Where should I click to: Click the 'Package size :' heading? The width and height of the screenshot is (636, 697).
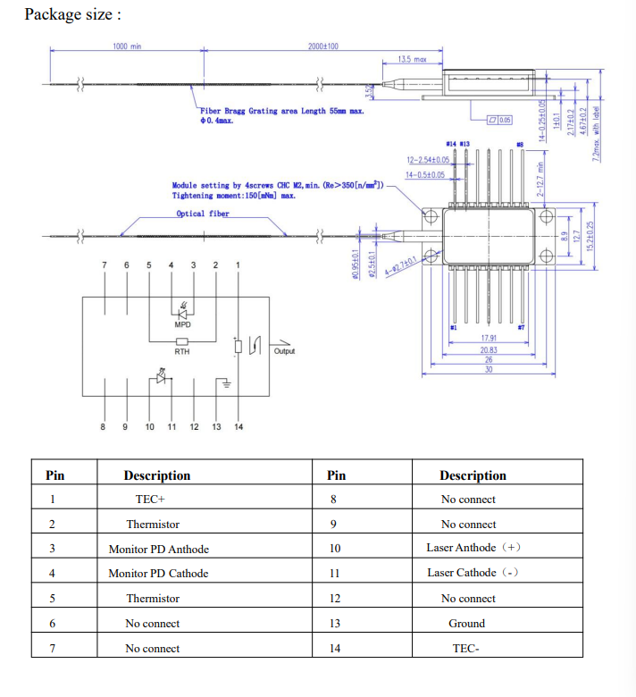[x=72, y=14]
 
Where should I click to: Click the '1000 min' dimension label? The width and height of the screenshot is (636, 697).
[x=127, y=46]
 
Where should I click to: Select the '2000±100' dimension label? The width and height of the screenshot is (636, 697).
[x=322, y=46]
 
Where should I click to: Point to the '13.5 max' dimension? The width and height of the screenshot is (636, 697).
[x=412, y=60]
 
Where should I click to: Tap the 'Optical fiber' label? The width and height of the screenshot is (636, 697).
[x=203, y=214]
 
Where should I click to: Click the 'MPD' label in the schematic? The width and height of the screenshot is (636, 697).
[x=182, y=325]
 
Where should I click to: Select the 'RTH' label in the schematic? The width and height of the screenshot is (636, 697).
[x=182, y=351]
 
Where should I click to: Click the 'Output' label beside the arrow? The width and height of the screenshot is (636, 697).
[x=284, y=351]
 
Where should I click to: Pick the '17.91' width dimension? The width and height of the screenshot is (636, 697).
[x=488, y=339]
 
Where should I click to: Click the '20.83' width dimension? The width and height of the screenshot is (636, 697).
[x=488, y=349]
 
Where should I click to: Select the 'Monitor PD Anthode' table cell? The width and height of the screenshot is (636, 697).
[x=158, y=549]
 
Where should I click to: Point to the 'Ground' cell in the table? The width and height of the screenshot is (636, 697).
[x=466, y=624]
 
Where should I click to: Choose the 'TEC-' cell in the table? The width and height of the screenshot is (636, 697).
[x=466, y=649]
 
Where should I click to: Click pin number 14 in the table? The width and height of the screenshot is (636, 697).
[x=334, y=649]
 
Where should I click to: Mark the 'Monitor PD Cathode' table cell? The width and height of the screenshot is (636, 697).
[x=158, y=574]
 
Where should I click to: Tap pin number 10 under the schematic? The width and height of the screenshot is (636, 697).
[x=149, y=427]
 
